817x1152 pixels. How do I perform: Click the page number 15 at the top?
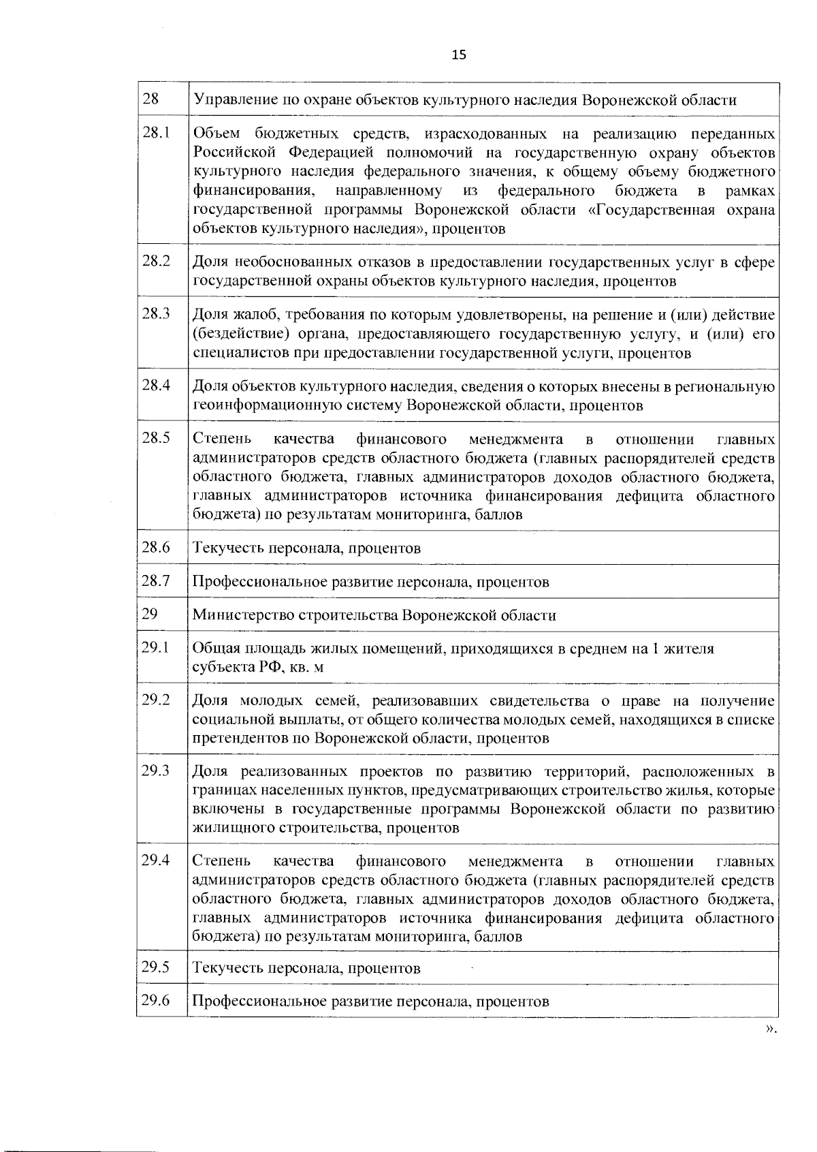click(x=458, y=55)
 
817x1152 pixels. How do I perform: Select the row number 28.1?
click(x=156, y=132)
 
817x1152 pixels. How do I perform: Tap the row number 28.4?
click(x=156, y=385)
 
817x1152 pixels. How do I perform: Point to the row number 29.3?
click(x=156, y=770)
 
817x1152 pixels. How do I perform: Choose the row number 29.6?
click(x=156, y=1000)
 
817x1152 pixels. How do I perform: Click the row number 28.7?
click(x=156, y=580)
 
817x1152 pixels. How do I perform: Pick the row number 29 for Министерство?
click(x=150, y=614)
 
